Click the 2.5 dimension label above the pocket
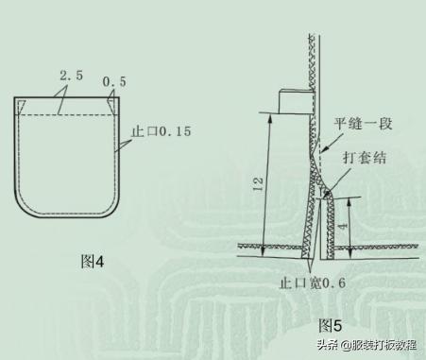(x=68, y=75)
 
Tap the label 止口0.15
(x=161, y=132)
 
